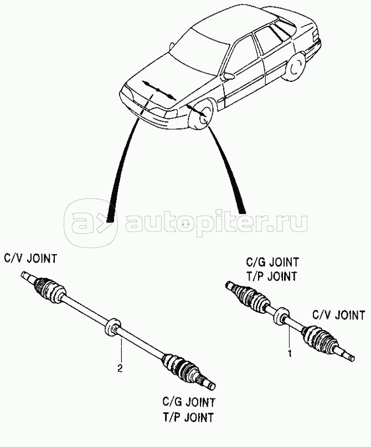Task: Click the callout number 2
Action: [120, 369]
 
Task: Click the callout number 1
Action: [290, 354]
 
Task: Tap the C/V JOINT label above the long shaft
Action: [30, 259]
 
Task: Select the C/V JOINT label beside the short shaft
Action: [339, 315]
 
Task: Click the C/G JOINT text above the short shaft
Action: [272, 262]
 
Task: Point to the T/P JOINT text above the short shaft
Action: [271, 276]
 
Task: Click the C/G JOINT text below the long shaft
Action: [188, 402]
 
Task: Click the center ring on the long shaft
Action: [113, 327]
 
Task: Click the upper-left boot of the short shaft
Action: [250, 297]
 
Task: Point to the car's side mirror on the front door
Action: [229, 76]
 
